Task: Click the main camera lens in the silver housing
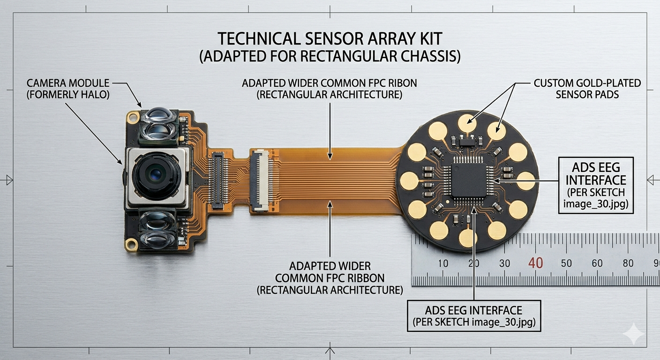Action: coord(156,176)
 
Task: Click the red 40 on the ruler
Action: coord(535,263)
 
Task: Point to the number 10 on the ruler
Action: coord(443,263)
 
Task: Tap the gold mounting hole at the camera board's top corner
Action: coord(133,118)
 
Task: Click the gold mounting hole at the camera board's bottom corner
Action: coord(131,245)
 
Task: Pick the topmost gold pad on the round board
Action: coord(467,123)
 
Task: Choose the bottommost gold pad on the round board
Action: coord(468,238)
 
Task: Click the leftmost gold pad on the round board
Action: coord(409,180)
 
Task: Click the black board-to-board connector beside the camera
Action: coord(218,180)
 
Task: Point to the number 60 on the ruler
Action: coord(597,263)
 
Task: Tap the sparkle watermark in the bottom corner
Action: coord(633,333)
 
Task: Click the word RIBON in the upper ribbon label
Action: coord(402,83)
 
